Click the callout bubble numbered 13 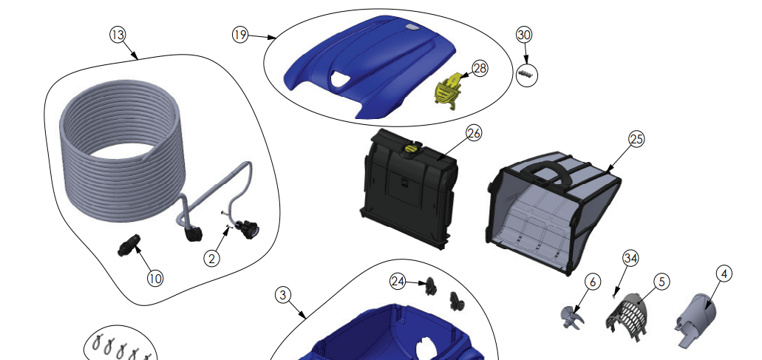click(118, 35)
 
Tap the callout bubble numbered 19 click(240, 35)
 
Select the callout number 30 click(524, 35)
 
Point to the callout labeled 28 click(480, 69)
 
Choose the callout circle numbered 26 click(474, 133)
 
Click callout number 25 click(636, 139)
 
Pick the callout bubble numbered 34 click(630, 259)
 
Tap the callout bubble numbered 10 click(155, 279)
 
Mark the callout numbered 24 click(398, 282)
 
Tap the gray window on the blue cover click(411, 28)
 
